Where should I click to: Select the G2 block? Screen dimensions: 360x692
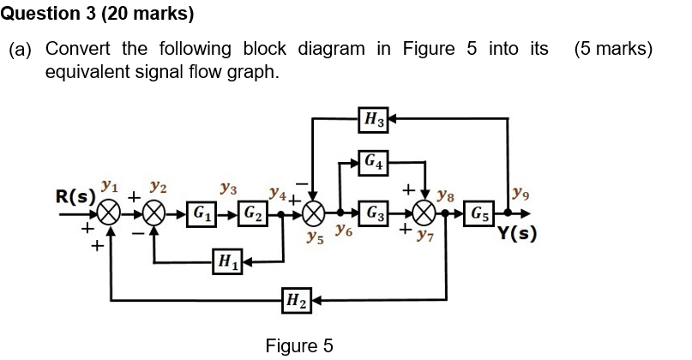pyautogui.click(x=253, y=212)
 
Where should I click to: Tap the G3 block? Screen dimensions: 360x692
pyautogui.click(x=374, y=212)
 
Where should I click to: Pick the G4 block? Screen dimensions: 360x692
pyautogui.click(x=374, y=160)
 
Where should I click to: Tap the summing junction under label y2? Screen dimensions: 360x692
pyautogui.click(x=154, y=212)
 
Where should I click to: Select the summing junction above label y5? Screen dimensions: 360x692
pyautogui.click(x=315, y=212)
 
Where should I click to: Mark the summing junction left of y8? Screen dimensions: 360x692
pyautogui.click(x=424, y=212)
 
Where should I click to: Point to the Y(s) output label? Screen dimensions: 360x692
pyautogui.click(x=517, y=233)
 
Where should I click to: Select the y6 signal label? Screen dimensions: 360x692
pyautogui.click(x=343, y=231)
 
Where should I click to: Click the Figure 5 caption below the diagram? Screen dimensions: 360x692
pyautogui.click(x=298, y=345)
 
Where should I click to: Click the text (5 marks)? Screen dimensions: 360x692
pyautogui.click(x=614, y=49)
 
